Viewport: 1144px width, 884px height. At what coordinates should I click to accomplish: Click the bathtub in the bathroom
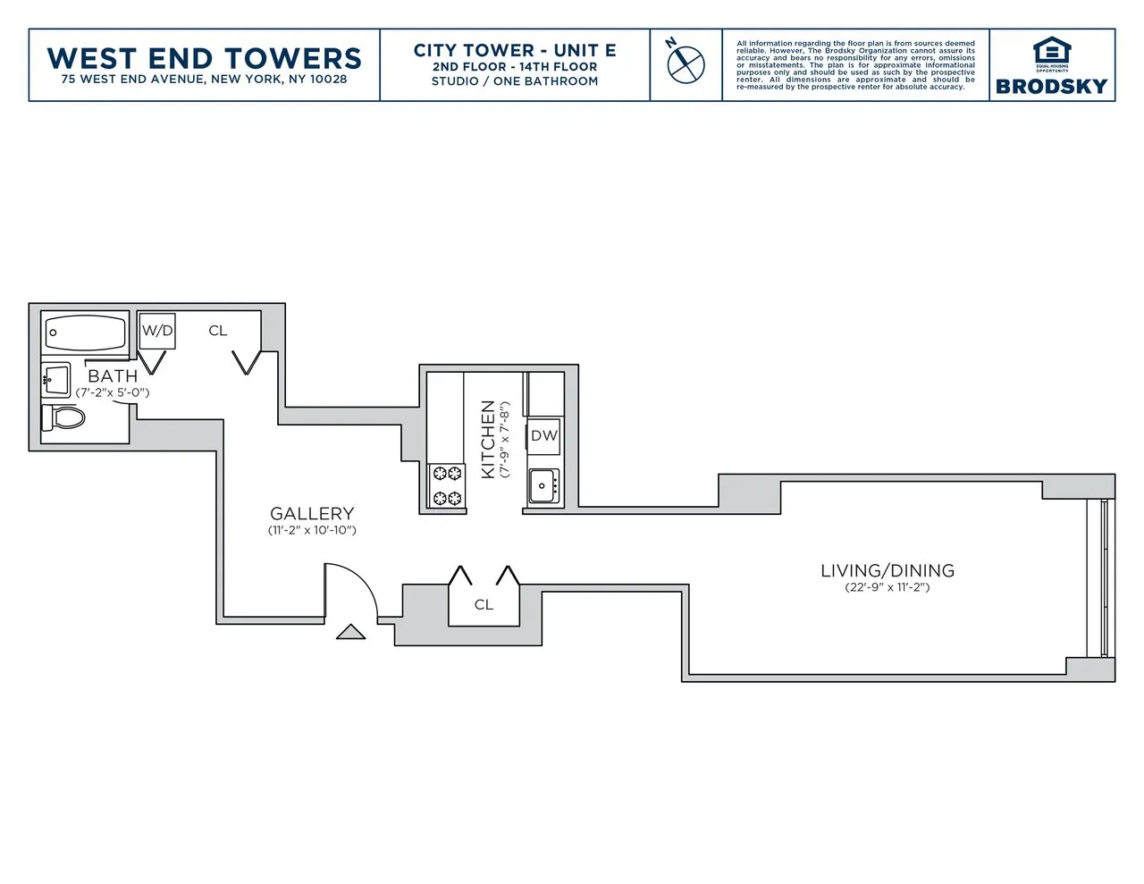(x=86, y=333)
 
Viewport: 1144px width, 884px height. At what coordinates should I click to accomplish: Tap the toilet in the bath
(x=65, y=417)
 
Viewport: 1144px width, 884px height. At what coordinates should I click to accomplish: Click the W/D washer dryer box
(x=157, y=331)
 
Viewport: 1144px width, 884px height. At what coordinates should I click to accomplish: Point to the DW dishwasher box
(x=543, y=435)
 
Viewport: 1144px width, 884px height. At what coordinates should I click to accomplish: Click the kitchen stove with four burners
(x=447, y=485)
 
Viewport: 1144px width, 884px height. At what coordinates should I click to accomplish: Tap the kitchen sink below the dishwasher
(x=543, y=486)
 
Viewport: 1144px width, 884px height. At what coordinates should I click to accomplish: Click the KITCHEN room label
(x=488, y=439)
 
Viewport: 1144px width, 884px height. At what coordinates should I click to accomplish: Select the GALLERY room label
(x=312, y=513)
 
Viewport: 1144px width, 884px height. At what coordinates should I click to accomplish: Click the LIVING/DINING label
(x=887, y=570)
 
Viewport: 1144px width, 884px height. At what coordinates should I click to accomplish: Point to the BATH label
(x=113, y=376)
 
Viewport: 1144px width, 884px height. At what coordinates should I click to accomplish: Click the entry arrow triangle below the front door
(x=350, y=632)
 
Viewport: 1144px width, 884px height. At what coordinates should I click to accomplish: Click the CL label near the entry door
(x=484, y=605)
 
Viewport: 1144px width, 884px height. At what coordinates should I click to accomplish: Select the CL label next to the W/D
(x=218, y=331)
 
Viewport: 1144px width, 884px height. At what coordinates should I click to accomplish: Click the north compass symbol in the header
(x=686, y=63)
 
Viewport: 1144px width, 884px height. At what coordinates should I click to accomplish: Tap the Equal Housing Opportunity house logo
(x=1051, y=53)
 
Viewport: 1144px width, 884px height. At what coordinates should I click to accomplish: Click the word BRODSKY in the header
(x=1051, y=86)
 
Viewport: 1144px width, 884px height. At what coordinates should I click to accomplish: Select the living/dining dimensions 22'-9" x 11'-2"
(x=887, y=587)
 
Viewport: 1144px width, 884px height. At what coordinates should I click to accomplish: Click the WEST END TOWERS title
(x=204, y=58)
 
